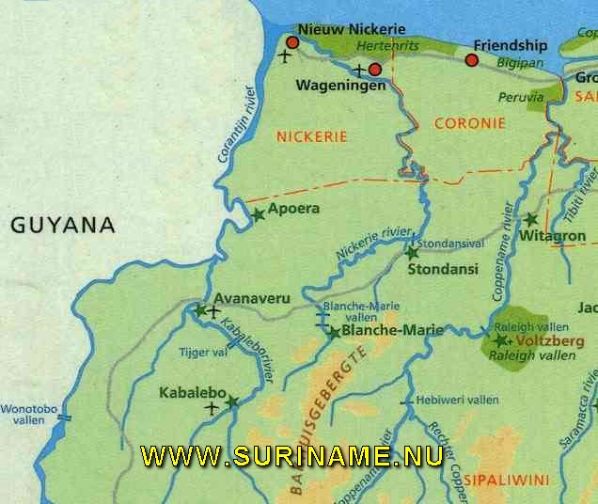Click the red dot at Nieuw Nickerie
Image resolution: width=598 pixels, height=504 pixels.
292,42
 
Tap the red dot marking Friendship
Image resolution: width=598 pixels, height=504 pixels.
472,61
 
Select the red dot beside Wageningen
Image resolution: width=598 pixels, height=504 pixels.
374,69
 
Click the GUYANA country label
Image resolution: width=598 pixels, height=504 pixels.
62,226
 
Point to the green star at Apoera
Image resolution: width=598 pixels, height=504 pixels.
258,214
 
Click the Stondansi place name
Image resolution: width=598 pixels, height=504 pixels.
443,269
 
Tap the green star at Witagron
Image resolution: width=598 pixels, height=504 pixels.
530,219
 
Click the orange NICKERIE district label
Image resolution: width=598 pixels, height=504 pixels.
311,136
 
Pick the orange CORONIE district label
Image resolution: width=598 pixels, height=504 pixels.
470,123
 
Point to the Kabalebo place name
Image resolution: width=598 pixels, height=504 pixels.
191,392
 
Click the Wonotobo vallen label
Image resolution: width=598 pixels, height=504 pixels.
28,416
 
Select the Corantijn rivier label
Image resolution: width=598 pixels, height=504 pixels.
237,125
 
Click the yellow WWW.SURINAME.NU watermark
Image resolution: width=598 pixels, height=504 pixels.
291,457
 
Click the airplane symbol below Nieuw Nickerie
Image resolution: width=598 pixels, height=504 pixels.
285,55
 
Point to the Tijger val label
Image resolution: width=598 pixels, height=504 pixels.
203,352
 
